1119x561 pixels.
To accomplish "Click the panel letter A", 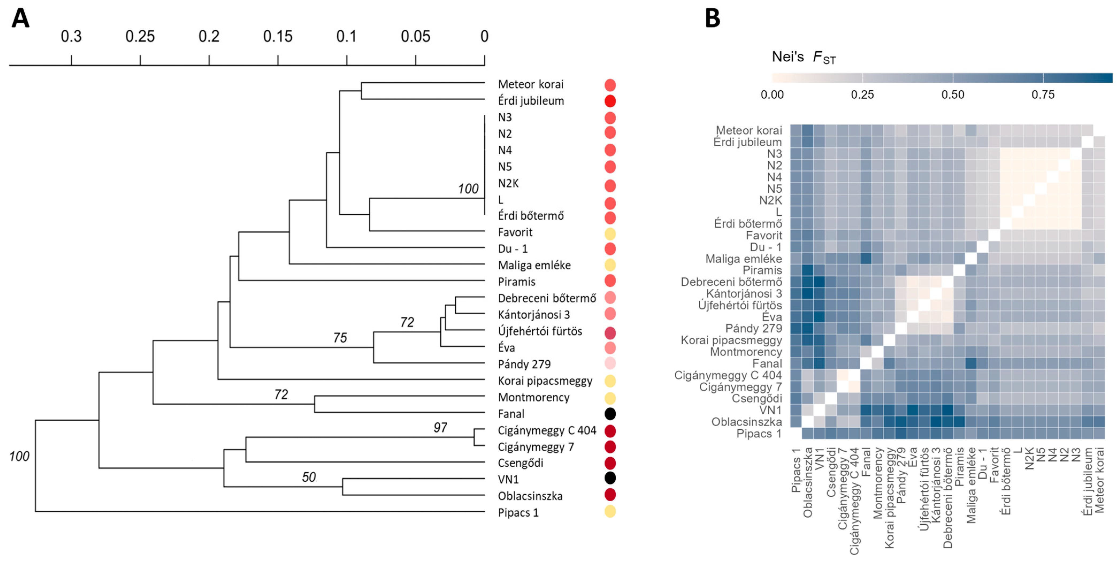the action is tap(20, 19).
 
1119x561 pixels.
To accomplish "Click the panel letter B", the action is tap(712, 19).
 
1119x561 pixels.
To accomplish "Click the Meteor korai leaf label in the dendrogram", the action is tap(530, 84).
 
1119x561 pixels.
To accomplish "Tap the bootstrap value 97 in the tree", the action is tap(440, 428).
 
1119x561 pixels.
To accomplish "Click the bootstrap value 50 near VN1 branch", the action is tap(309, 477).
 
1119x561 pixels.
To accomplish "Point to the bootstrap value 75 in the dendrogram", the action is tap(340, 338).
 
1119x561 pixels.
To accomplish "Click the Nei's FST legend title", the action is tap(804, 57).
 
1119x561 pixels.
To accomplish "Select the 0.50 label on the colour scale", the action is tap(953, 95).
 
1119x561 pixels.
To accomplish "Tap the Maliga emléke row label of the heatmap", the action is tap(743, 259).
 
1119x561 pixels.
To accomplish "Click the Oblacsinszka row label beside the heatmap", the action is tap(746, 422).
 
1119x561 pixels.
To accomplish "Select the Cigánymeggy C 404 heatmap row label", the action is tap(728, 375).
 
